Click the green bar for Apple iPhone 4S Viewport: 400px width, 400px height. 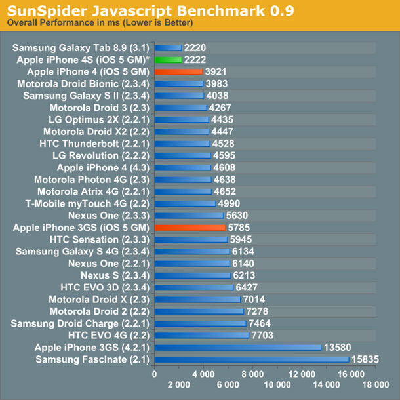point(167,60)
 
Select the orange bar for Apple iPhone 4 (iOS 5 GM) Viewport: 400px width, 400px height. point(178,71)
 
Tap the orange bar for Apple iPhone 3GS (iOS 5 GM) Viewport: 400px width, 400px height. point(190,228)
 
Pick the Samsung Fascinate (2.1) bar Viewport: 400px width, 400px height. point(251,359)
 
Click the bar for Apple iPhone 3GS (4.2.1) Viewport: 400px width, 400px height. point(237,348)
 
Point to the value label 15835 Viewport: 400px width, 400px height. point(365,359)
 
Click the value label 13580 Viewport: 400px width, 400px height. point(337,348)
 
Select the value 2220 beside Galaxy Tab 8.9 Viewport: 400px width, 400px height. point(195,48)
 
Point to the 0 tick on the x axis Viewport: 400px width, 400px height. point(154,374)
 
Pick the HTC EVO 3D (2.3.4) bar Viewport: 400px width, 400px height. point(193,287)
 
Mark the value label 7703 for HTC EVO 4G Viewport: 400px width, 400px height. point(265,335)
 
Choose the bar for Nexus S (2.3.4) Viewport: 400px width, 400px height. point(192,275)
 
